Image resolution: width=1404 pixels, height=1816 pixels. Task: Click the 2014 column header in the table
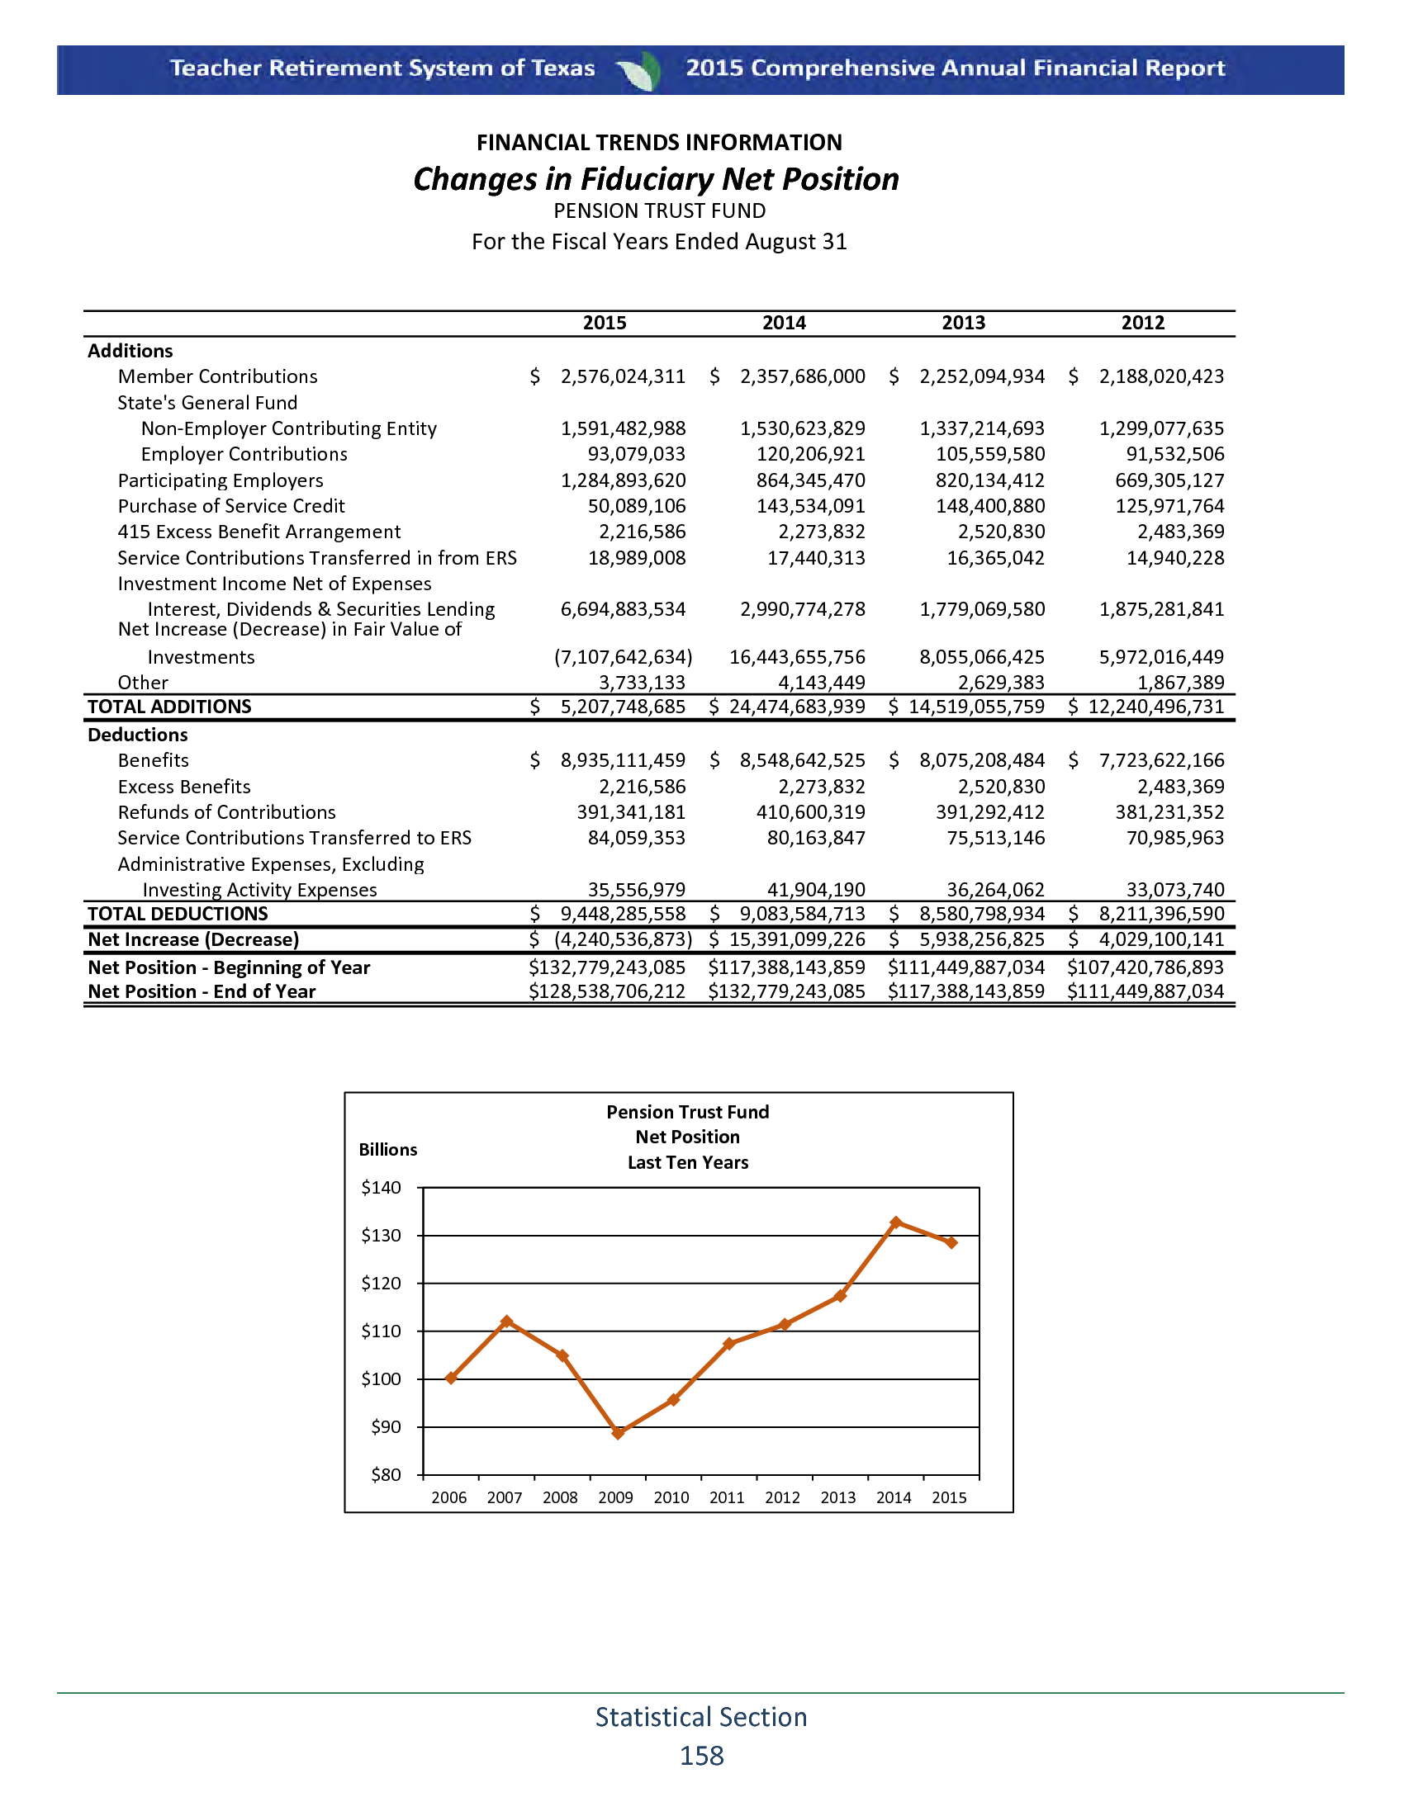784,323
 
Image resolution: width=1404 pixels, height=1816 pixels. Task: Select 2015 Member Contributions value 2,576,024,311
622,376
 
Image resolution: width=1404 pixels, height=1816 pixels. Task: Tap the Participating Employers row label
221,480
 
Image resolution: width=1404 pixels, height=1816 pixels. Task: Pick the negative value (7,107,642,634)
623,657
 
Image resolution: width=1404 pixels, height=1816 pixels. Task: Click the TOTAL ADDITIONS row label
169,707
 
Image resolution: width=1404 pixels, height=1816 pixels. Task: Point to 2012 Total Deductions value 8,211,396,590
1161,914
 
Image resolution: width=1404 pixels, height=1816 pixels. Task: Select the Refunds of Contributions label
226,812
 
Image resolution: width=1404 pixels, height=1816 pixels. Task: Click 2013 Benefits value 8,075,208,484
981,760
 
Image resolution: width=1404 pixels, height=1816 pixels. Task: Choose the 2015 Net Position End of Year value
607,991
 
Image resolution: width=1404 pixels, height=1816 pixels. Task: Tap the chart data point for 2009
618,1433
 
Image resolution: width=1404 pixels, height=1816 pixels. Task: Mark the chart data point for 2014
896,1222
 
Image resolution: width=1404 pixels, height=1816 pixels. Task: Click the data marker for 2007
507,1322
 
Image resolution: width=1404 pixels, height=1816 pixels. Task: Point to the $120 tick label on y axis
381,1283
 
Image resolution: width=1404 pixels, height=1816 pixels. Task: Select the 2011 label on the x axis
727,1497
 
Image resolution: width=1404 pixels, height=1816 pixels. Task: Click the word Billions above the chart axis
387,1149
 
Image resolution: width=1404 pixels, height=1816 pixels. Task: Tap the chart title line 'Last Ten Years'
688,1162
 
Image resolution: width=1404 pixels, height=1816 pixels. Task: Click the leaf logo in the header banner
640,70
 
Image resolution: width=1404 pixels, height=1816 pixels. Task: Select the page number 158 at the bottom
701,1755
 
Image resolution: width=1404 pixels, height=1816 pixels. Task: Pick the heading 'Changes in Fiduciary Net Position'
657,180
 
